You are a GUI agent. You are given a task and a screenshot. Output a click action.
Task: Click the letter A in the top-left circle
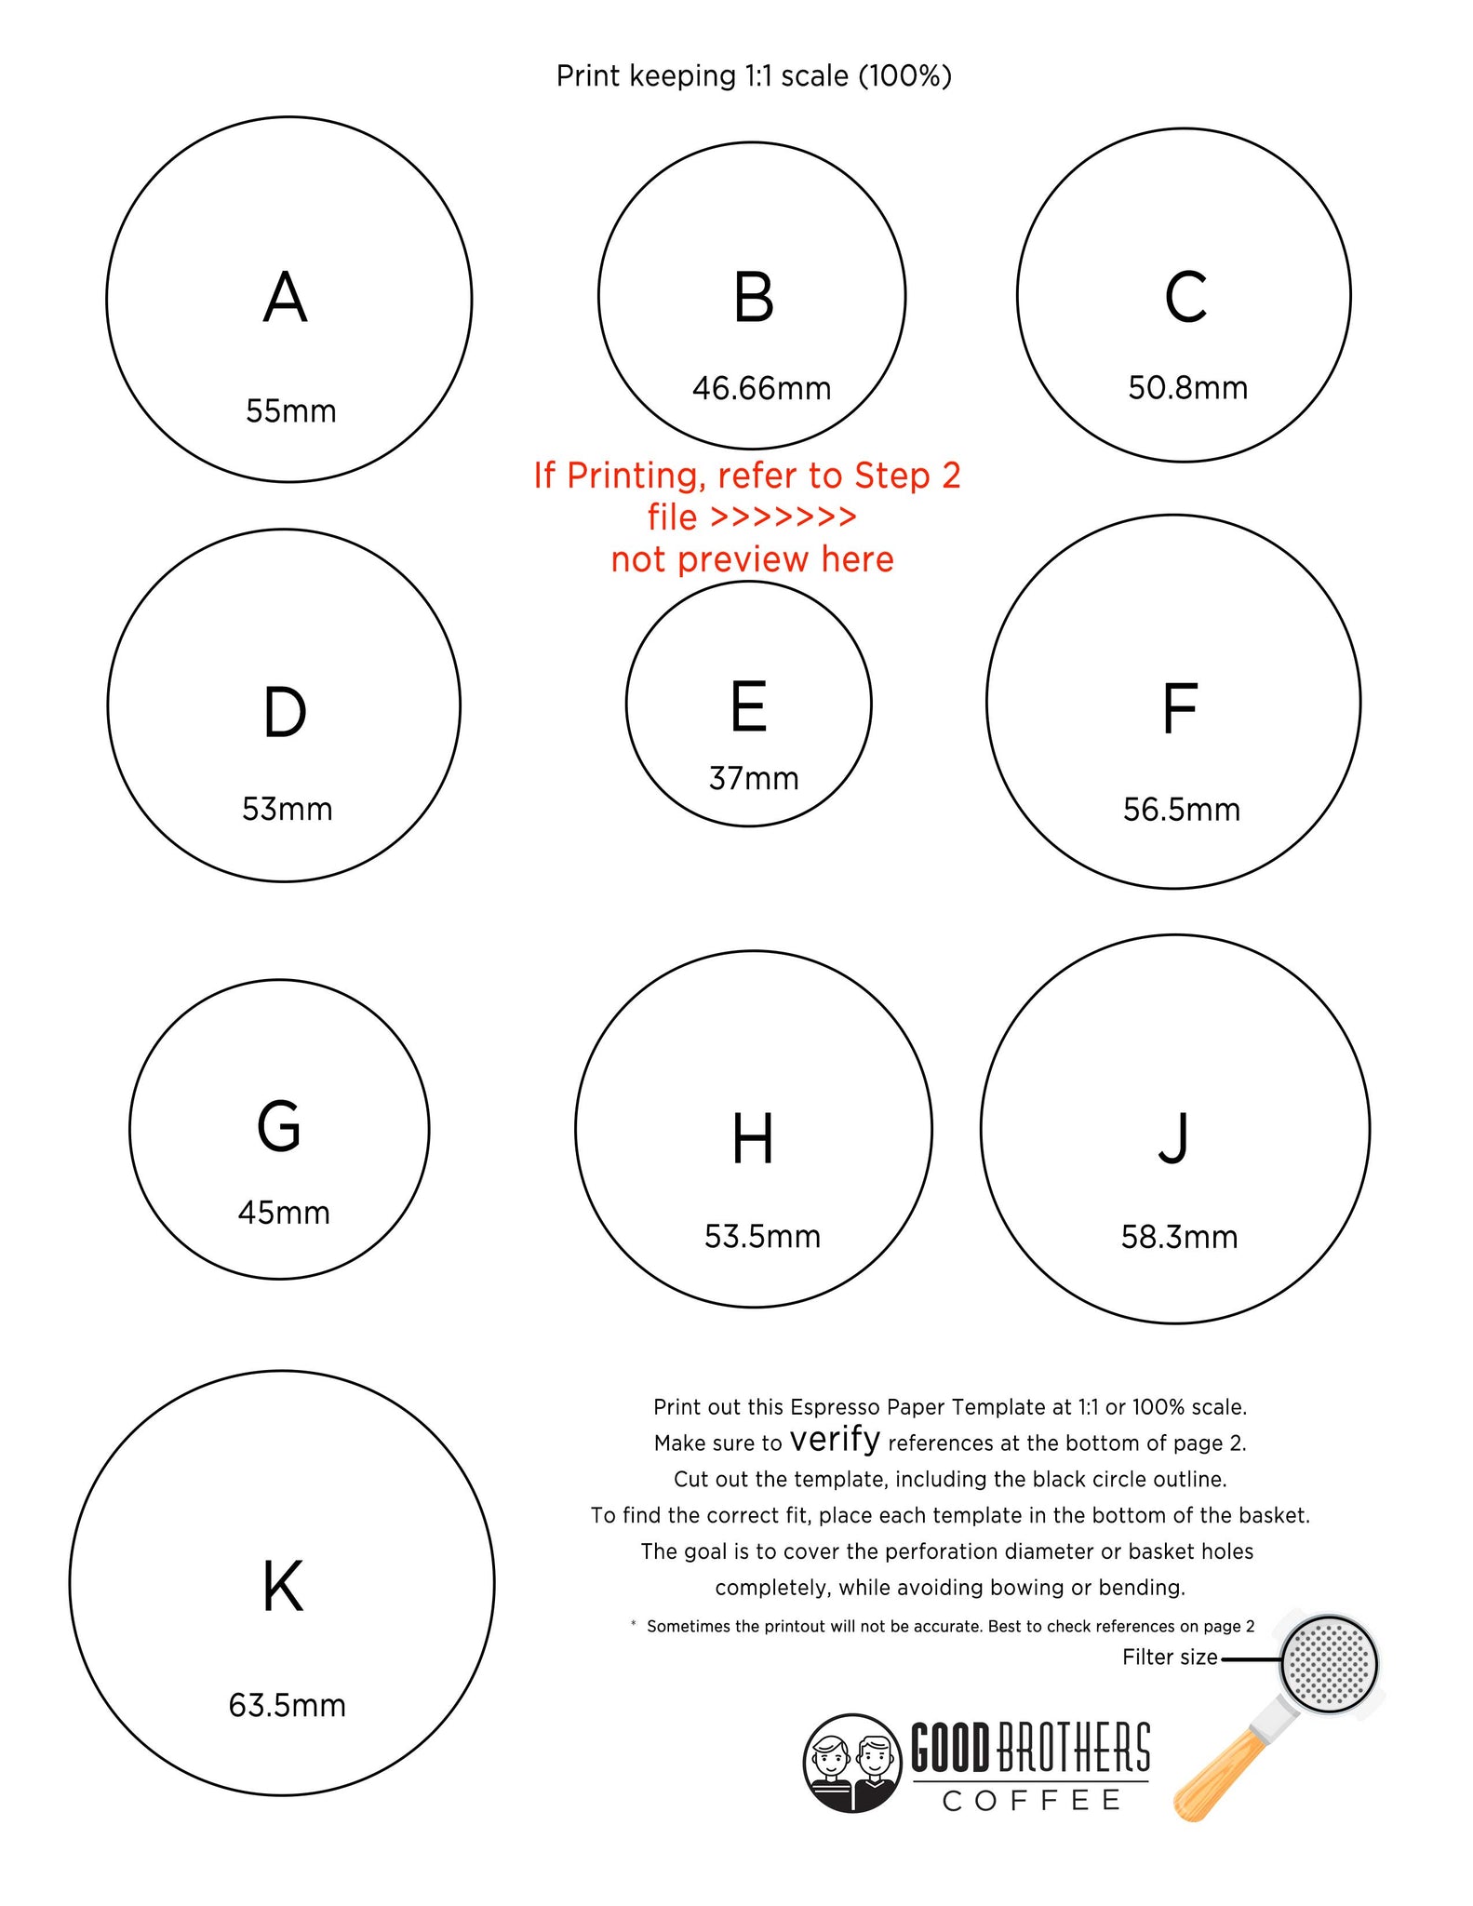(x=285, y=297)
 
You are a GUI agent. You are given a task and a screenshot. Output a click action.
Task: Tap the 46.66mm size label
(x=761, y=388)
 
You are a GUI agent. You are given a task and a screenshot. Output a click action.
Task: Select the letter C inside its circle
(x=1185, y=297)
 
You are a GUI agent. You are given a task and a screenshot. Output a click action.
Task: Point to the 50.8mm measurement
(x=1187, y=387)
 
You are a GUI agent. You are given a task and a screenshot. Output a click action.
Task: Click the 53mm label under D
(x=287, y=809)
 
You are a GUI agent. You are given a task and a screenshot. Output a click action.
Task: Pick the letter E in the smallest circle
(x=749, y=706)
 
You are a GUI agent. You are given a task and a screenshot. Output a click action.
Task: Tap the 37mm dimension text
(x=754, y=778)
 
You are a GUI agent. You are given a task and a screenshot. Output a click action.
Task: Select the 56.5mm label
(x=1182, y=810)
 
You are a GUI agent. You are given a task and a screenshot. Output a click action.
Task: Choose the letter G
(x=279, y=1125)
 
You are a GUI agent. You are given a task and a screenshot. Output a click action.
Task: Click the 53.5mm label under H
(x=762, y=1236)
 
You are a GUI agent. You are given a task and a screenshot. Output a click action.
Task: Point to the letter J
(x=1173, y=1138)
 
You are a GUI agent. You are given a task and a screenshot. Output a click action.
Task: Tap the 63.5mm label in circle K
(x=287, y=1705)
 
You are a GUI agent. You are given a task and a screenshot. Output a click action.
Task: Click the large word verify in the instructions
(x=835, y=1439)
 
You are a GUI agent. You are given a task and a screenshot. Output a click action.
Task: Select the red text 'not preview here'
(x=752, y=558)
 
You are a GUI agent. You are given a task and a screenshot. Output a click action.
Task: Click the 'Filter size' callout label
(x=1170, y=1657)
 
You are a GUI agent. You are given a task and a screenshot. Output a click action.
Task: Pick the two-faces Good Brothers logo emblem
(x=852, y=1764)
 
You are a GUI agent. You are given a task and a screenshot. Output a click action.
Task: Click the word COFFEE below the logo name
(x=1032, y=1801)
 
